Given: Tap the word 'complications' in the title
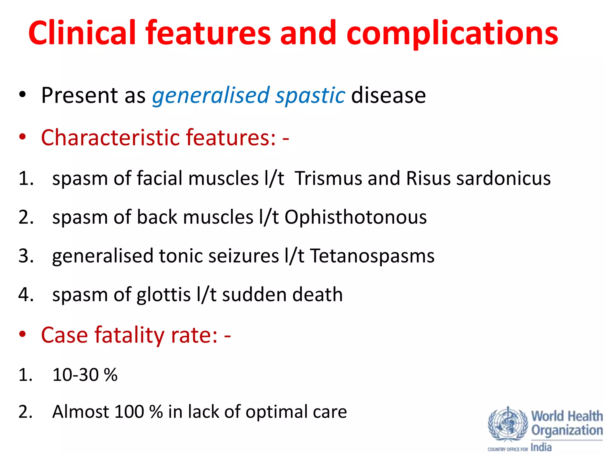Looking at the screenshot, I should [x=452, y=33].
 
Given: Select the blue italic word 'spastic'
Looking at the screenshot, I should [x=310, y=95].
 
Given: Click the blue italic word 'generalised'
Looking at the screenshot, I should [x=211, y=95].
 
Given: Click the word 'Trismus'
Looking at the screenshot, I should [x=328, y=178].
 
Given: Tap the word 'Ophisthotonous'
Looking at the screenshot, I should [x=356, y=217].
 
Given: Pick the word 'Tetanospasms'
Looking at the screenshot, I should [x=372, y=256].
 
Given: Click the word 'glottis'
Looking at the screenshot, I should [x=164, y=295].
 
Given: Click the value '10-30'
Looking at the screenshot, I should [x=75, y=374].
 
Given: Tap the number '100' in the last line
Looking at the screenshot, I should [x=129, y=411].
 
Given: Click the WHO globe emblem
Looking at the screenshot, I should [x=508, y=424].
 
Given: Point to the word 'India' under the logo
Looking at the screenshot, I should [x=541, y=447].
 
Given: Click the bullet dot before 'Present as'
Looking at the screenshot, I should [x=22, y=95].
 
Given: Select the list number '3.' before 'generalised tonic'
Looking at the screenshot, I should [x=26, y=256].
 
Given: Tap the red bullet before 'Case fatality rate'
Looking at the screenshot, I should [x=22, y=335].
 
